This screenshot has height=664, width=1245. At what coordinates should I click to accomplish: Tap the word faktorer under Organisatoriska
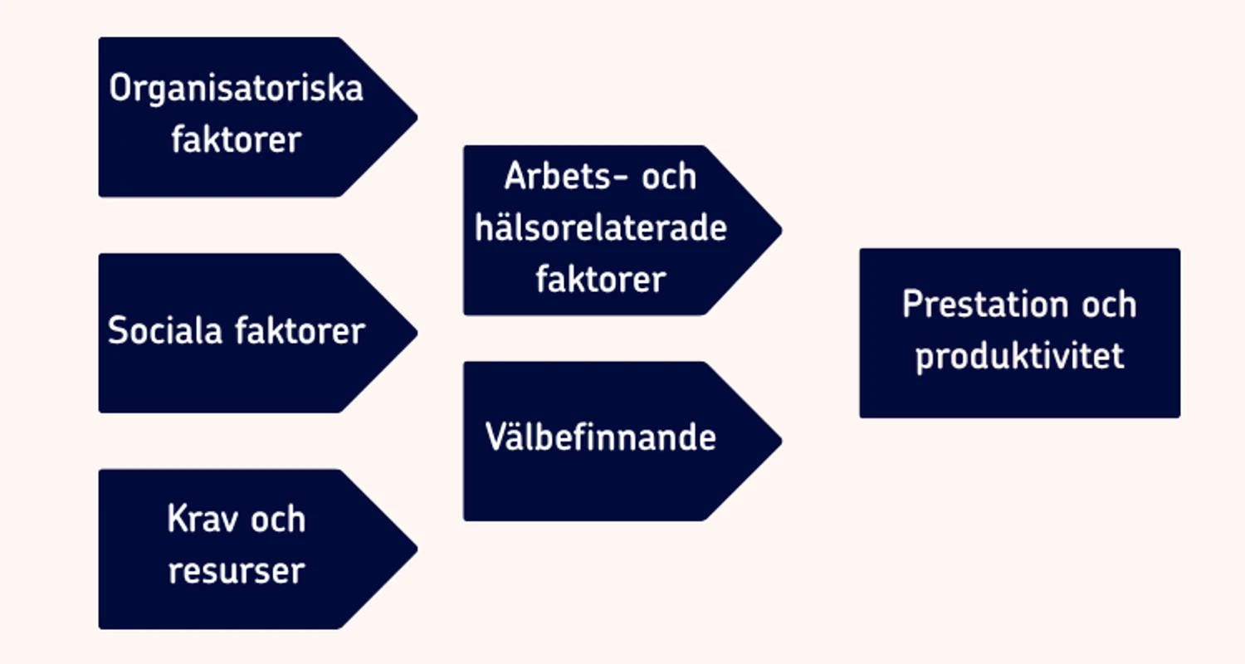pos(237,139)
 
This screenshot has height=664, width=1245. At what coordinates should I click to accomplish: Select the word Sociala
pos(165,330)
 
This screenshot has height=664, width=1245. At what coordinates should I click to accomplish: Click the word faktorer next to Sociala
pos(300,330)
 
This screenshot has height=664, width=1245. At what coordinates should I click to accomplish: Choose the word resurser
pos(237,571)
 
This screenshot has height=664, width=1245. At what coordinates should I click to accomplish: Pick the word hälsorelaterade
pos(601,227)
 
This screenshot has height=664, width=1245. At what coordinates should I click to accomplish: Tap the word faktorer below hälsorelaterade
pos(601,279)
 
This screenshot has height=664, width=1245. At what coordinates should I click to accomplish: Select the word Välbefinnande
pos(601,437)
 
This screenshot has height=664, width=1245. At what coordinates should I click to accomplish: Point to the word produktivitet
pos(1020,356)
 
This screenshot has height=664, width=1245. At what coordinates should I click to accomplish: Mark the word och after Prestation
pos(1109,304)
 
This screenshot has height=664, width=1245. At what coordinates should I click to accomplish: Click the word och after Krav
pos(278,519)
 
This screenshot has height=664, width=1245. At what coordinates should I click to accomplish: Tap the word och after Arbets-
pos(669,176)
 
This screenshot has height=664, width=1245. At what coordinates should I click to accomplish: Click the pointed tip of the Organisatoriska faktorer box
pos(417,117)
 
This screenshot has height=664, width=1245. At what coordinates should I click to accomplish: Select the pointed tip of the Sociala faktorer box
pos(417,334)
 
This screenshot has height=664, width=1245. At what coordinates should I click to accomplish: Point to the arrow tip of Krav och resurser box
pos(417,549)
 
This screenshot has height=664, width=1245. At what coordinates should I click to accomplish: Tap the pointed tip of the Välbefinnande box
pos(782,442)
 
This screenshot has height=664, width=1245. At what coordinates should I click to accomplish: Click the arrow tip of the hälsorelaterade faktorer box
pos(782,230)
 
